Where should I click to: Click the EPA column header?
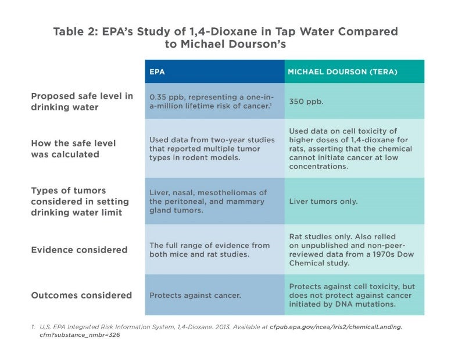pyautogui.click(x=157, y=72)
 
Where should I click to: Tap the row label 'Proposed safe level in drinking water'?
pyautogui.click(x=82, y=102)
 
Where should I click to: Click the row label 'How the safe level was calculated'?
pyautogui.click(x=73, y=149)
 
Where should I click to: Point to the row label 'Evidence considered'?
pyautogui.click(x=79, y=250)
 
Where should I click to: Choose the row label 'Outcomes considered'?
pyautogui.click(x=81, y=296)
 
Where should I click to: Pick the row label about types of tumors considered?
pyautogui.click(x=80, y=201)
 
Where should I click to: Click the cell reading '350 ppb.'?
pyautogui.click(x=306, y=101)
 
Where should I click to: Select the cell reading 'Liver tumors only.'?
pyautogui.click(x=323, y=201)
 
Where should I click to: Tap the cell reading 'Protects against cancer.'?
pyautogui.click(x=195, y=296)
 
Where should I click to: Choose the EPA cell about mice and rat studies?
pyautogui.click(x=209, y=250)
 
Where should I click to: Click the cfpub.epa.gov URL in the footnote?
pyautogui.click(x=335, y=326)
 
